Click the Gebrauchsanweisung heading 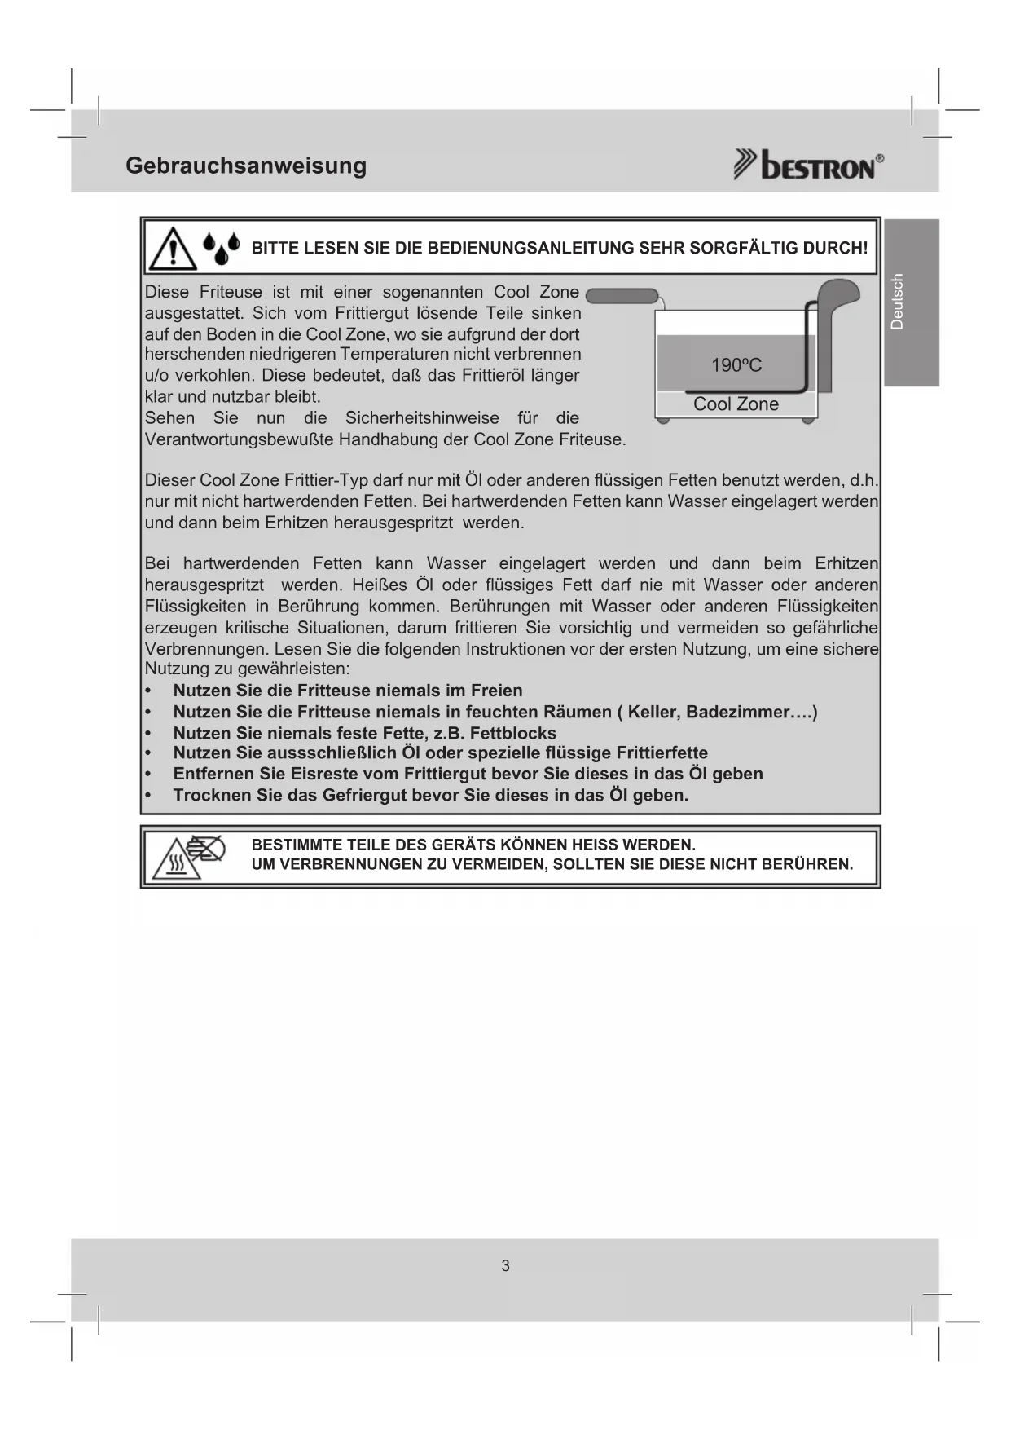pyautogui.click(x=246, y=166)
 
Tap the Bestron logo pyautogui.click(x=808, y=165)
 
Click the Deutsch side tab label pyautogui.click(x=897, y=302)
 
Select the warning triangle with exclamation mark pyautogui.click(x=173, y=249)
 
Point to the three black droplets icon pyautogui.click(x=222, y=248)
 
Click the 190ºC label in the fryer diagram pyautogui.click(x=736, y=365)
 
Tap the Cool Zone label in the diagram pyautogui.click(x=736, y=404)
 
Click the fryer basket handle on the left pyautogui.click(x=622, y=295)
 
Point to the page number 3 pyautogui.click(x=505, y=1266)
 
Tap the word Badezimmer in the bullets pyautogui.click(x=738, y=712)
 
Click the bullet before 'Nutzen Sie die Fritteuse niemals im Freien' pyautogui.click(x=148, y=691)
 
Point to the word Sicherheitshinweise pyautogui.click(x=422, y=418)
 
